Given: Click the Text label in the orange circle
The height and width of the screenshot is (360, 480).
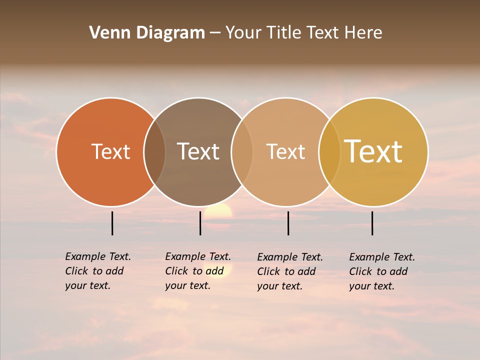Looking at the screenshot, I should coord(110,151).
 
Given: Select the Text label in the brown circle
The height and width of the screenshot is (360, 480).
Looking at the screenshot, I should coord(198,151).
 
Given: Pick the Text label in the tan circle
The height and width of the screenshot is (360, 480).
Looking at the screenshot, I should coord(285,151).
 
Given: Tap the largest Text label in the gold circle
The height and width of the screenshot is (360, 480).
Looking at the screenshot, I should coord(373,151).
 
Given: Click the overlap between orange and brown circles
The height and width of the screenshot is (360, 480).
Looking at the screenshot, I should coord(154,152).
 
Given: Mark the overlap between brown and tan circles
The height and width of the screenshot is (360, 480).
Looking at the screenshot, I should coord(242,152).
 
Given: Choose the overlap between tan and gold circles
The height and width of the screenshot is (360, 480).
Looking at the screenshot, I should coord(329,152).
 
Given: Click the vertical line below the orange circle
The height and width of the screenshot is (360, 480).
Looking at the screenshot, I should coord(112,223).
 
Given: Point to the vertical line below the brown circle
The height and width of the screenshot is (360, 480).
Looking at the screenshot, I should coord(200,223).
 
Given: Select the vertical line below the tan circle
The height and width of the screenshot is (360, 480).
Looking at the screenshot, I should coord(288,223).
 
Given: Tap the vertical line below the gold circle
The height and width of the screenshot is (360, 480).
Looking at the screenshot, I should coord(372,223).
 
